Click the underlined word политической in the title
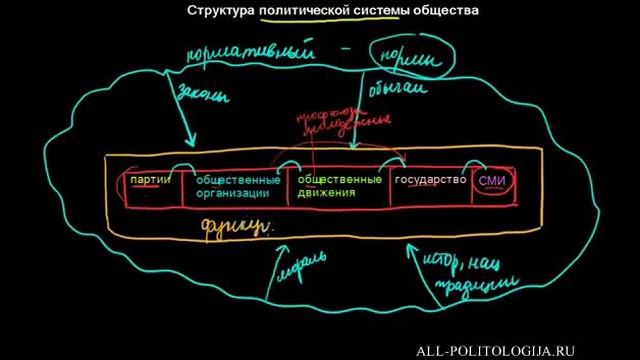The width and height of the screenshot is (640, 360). click(305, 11)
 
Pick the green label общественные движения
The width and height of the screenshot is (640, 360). click(339, 186)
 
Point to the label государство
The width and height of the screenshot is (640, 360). click(430, 180)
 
